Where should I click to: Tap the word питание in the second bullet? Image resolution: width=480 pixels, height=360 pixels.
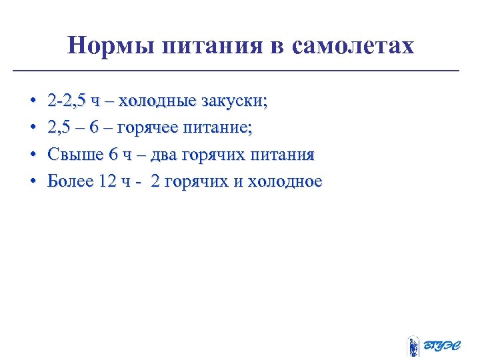222,128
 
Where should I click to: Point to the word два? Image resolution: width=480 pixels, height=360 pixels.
163,155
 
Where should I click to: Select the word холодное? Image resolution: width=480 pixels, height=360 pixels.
285,181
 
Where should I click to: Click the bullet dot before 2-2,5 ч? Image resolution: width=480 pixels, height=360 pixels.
33,102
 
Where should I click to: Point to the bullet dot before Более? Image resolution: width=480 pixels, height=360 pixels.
33,182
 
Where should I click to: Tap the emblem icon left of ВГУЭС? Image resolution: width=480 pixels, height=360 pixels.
413,345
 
